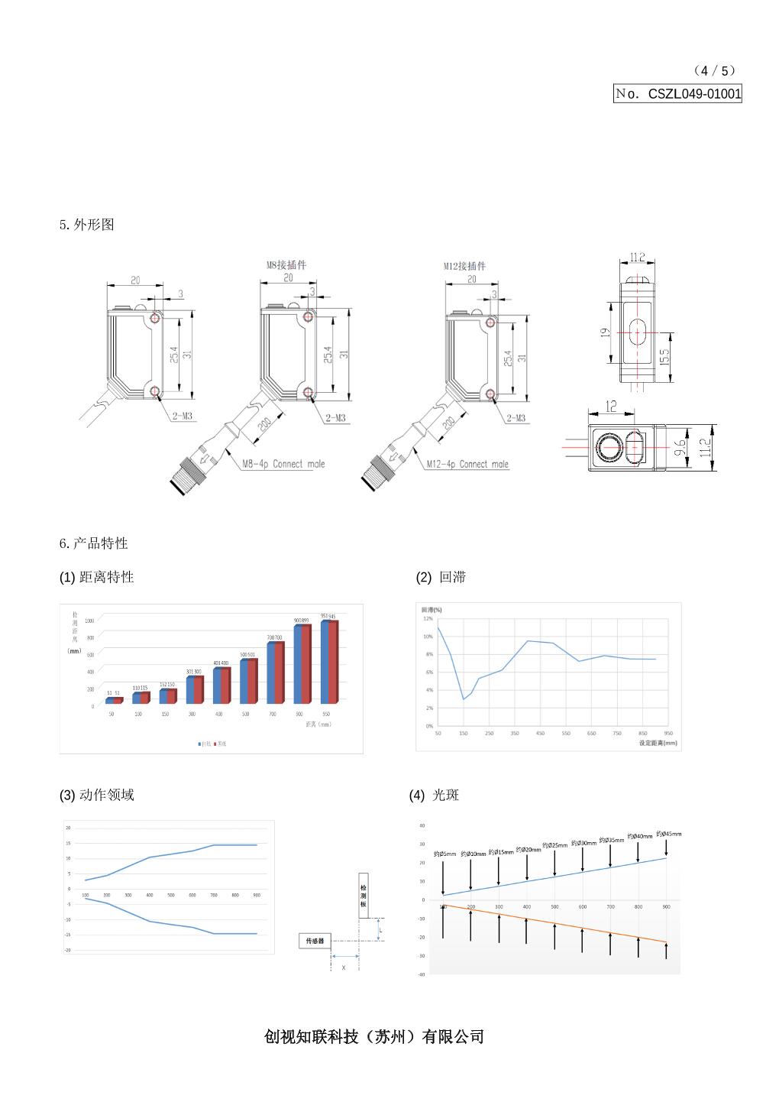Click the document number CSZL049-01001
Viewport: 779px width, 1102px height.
click(x=693, y=94)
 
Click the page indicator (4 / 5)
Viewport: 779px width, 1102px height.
click(x=715, y=70)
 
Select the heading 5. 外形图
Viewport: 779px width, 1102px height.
click(x=87, y=225)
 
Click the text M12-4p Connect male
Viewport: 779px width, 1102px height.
click(x=467, y=464)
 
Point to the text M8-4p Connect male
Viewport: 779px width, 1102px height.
click(x=283, y=464)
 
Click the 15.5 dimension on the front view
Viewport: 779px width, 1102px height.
click(x=664, y=357)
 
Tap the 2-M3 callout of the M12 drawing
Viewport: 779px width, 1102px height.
click(x=516, y=418)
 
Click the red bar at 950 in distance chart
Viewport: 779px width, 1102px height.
click(x=333, y=663)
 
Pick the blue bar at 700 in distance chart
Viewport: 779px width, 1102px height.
click(x=270, y=673)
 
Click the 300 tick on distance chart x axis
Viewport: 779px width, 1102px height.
click(x=192, y=714)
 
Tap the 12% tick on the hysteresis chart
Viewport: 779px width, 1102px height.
click(x=428, y=618)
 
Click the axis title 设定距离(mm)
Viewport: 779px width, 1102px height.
click(x=658, y=742)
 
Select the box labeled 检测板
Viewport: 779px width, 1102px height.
click(x=364, y=895)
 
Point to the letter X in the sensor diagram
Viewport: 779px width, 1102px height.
click(x=343, y=967)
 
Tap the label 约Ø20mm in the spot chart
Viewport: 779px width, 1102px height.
click(x=528, y=849)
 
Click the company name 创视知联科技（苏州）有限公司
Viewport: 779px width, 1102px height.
click(x=374, y=1036)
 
